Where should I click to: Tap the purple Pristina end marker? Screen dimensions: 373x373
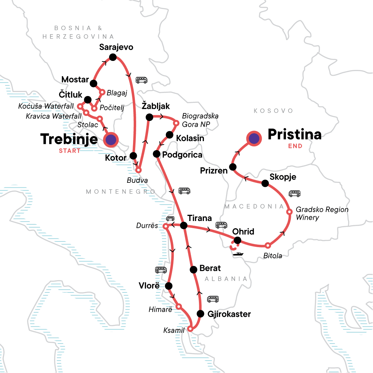point(254,138)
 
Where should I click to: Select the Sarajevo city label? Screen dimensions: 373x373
point(116,47)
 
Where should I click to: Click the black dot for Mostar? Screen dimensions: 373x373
point(93,83)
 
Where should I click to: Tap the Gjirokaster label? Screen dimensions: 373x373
point(229,314)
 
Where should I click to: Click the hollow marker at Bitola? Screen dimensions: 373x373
point(268,246)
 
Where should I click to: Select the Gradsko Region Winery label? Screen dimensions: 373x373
point(322,213)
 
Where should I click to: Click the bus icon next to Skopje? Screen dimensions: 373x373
point(294,194)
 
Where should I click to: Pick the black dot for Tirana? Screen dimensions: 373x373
point(184,225)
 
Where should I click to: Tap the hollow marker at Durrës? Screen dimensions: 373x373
point(166,226)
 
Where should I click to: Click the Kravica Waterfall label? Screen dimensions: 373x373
point(53,116)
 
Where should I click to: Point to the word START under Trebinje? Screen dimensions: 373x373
point(70,151)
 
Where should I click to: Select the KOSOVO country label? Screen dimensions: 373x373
point(273,111)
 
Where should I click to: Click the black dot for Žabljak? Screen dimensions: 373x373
point(149,117)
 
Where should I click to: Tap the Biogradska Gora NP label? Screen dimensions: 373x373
point(200,120)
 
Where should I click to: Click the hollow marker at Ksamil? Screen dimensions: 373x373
point(191,329)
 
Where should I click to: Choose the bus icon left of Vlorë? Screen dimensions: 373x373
point(161,270)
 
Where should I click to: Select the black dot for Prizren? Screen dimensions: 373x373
point(233,167)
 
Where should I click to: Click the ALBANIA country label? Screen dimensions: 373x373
point(226,279)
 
